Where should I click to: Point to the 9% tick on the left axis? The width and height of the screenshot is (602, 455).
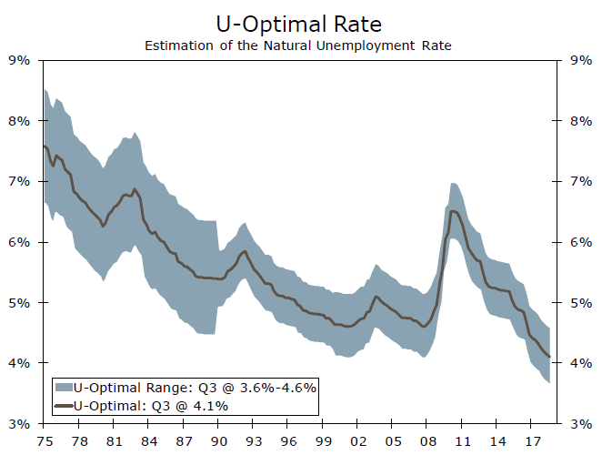[x=20, y=61]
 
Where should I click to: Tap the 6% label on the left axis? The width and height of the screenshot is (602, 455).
[x=20, y=242]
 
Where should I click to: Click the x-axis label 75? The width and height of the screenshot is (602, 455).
[x=44, y=440]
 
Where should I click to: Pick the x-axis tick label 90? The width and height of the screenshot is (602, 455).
[x=219, y=440]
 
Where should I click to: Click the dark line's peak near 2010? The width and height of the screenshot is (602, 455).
[x=452, y=211]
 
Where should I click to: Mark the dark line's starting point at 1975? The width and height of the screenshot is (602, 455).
[x=44, y=146]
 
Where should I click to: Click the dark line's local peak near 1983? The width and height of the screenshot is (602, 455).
[x=135, y=189]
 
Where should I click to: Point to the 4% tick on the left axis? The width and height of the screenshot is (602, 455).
[x=20, y=363]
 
